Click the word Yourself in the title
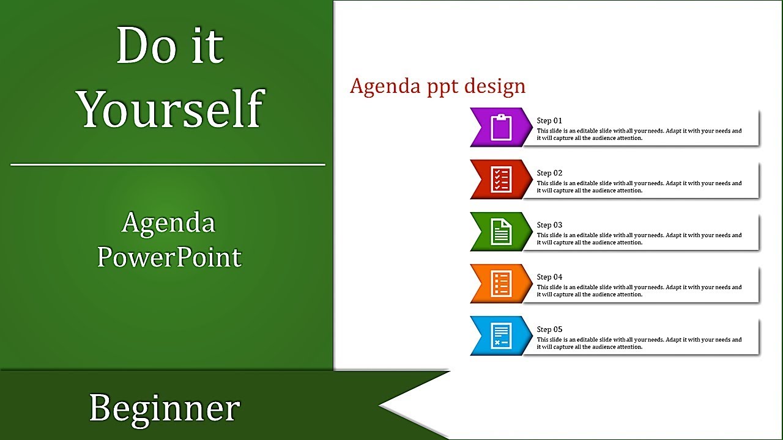tap(170, 109)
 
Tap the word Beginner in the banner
tap(165, 408)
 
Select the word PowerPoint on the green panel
tap(169, 257)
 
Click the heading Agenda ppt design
tap(437, 86)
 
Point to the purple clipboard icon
tap(502, 128)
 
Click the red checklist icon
tap(502, 180)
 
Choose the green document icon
tap(502, 232)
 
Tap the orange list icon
tap(502, 284)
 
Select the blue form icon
tap(502, 335)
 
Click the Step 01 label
tap(549, 121)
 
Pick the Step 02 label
tap(549, 173)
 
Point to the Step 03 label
tap(549, 225)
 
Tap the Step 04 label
tap(549, 277)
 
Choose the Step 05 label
tap(549, 329)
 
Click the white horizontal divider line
tap(168, 164)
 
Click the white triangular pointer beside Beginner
tap(410, 405)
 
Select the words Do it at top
tap(169, 46)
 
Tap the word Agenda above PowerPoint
tap(168, 222)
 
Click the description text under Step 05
tap(639, 343)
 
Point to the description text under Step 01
tap(639, 134)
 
